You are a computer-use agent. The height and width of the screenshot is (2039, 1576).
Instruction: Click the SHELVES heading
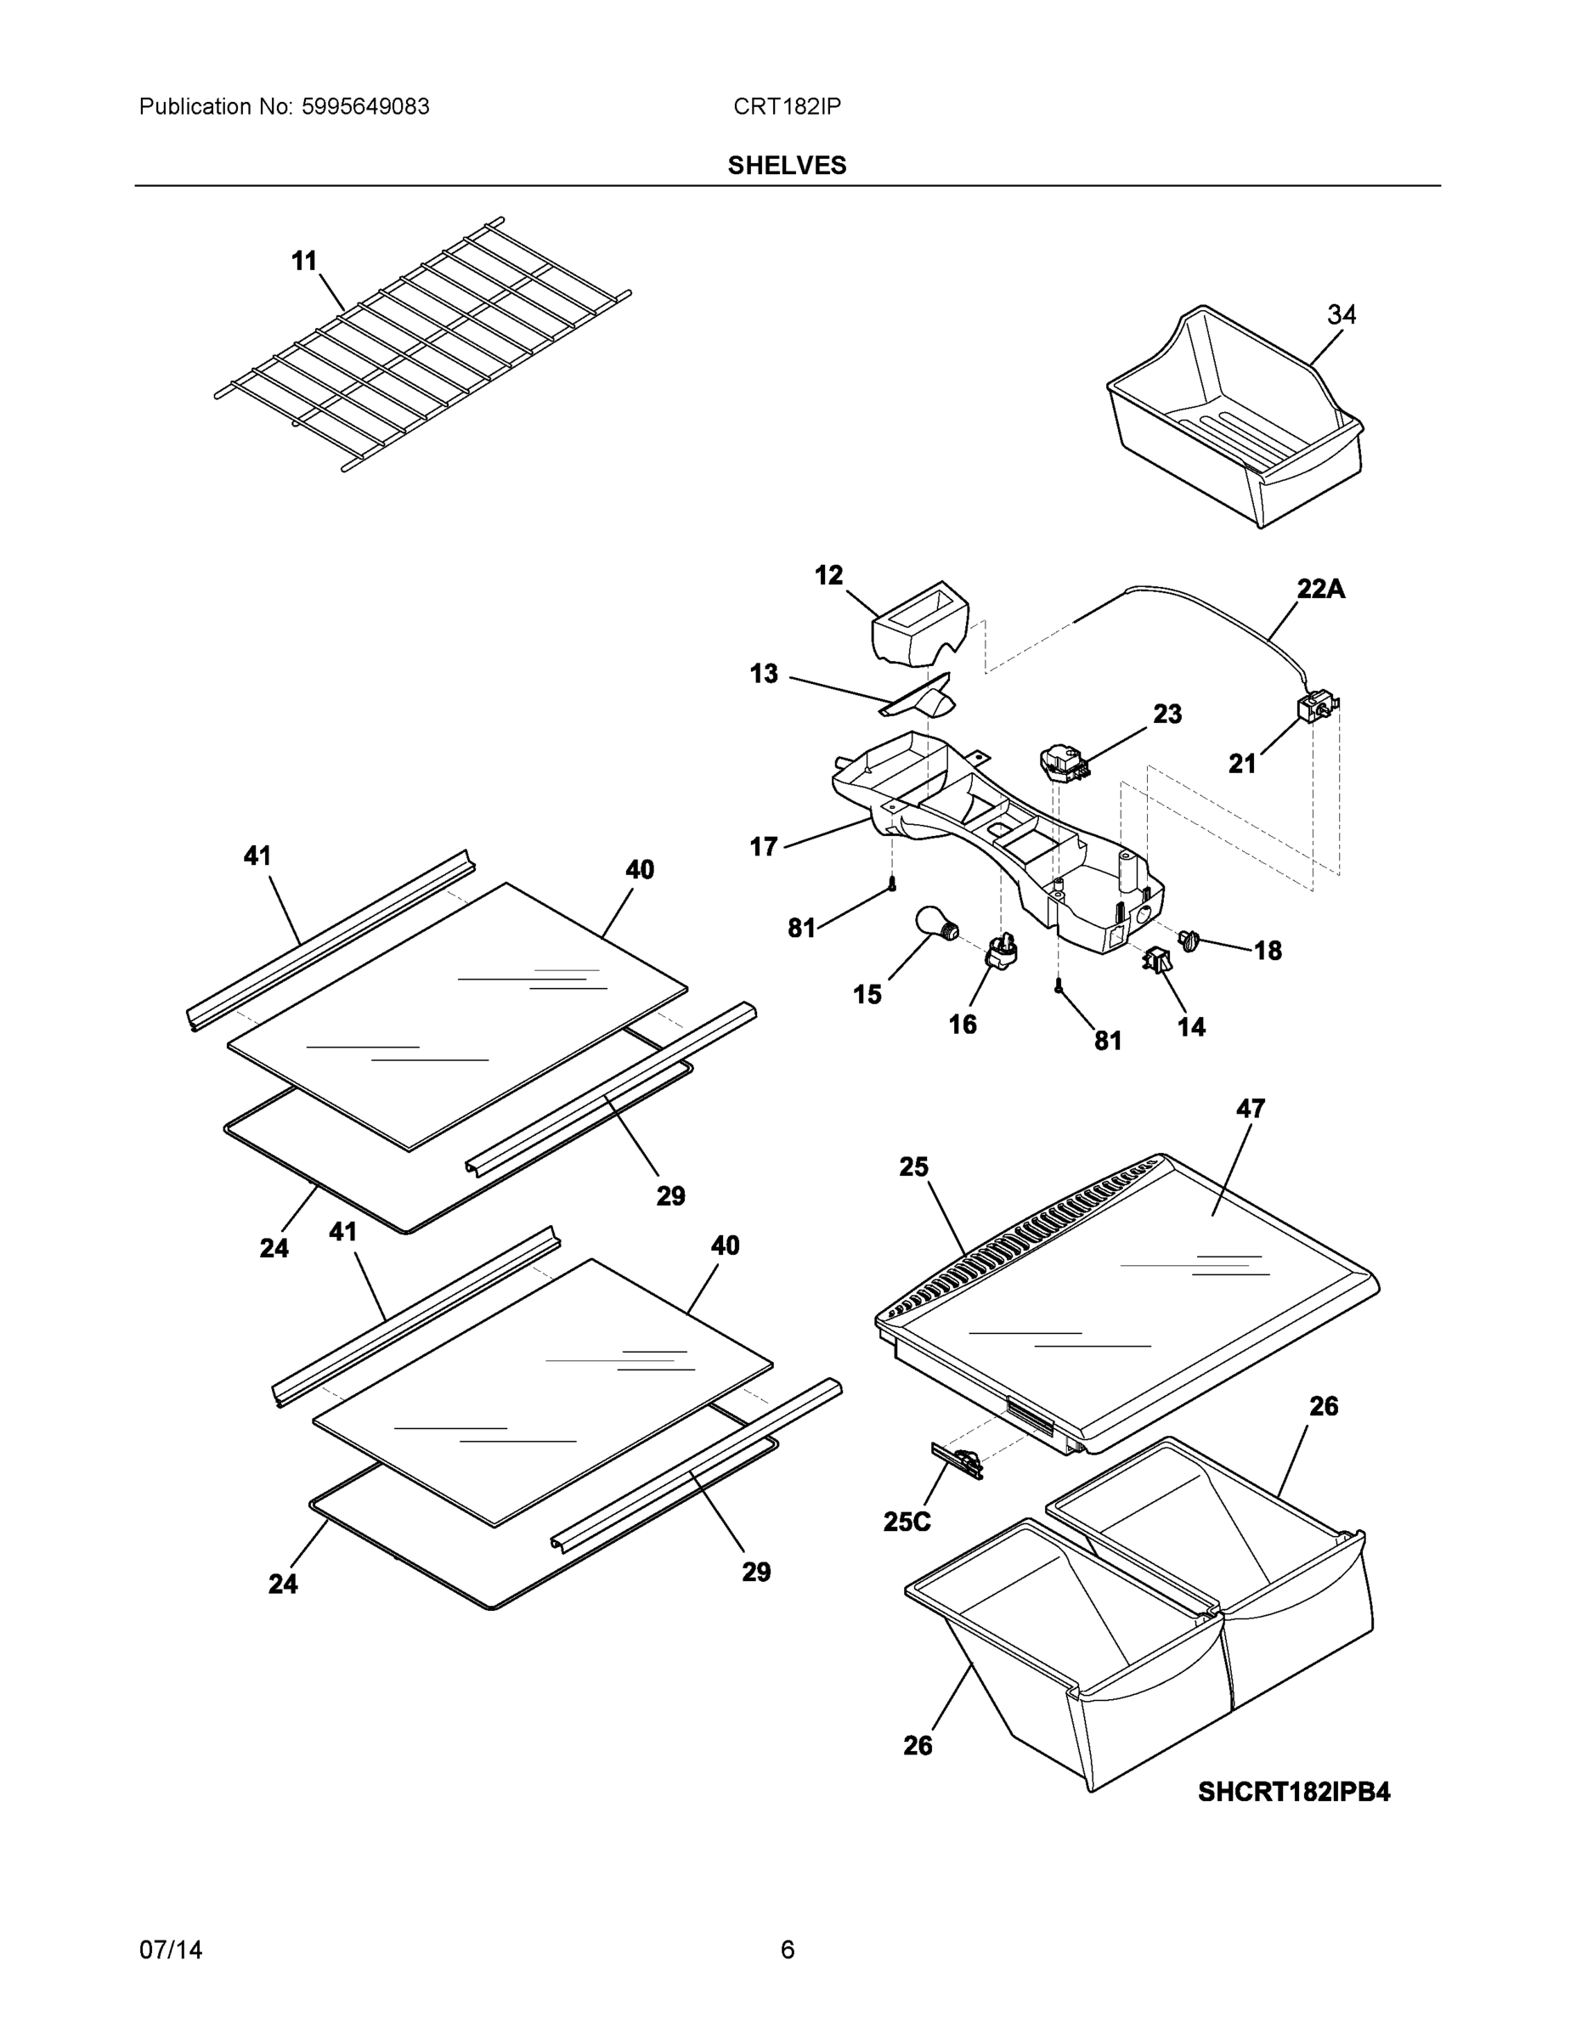pos(786,166)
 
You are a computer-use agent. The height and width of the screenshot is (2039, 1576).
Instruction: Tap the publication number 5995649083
pos(365,106)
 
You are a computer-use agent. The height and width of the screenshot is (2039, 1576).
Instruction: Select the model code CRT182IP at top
pos(786,106)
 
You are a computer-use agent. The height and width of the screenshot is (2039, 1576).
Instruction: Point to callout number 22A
pos(1320,589)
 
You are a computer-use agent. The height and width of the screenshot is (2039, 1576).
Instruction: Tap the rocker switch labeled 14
pos(1157,959)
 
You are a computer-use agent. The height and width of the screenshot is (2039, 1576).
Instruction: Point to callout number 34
pos(1341,314)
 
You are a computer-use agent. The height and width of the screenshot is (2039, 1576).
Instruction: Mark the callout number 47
pos(1250,1108)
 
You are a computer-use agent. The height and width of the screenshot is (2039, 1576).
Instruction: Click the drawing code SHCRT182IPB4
pos(1293,1792)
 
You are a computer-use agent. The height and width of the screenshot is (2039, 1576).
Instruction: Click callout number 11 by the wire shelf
pos(303,262)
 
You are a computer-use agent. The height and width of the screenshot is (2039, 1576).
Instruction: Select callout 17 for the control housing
pos(763,847)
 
